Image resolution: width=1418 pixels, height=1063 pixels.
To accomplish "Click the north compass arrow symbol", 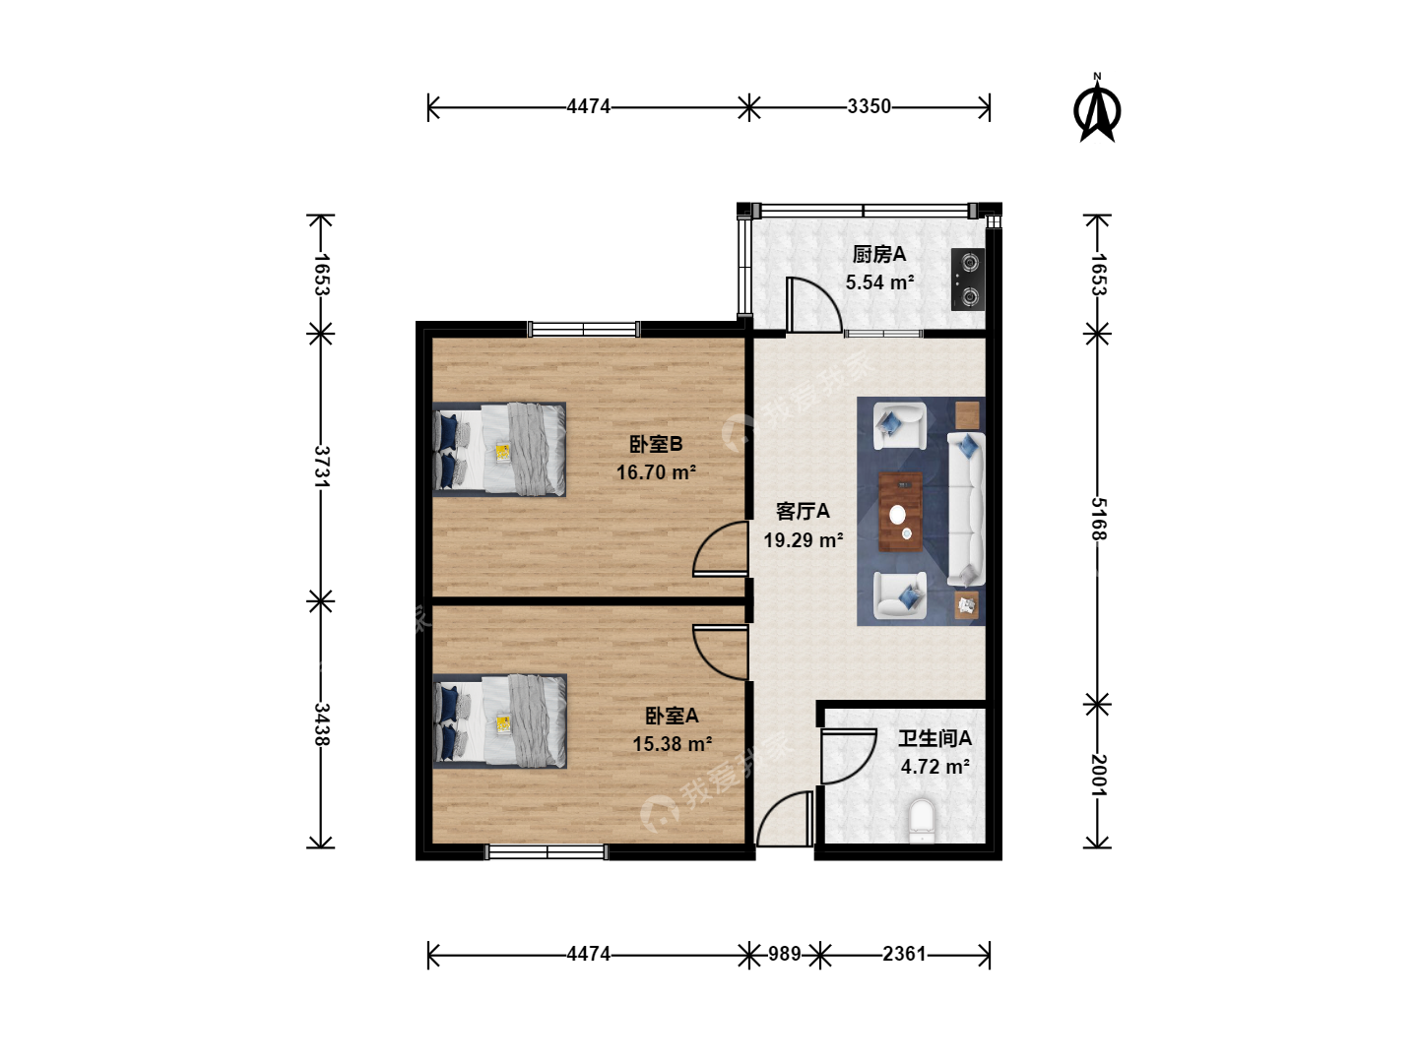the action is (x=1097, y=108).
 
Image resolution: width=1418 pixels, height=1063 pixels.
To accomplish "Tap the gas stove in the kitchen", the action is (x=968, y=280).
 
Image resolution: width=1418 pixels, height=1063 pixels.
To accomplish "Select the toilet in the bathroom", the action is (x=922, y=820).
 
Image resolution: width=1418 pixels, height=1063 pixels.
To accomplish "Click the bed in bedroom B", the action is (x=499, y=450).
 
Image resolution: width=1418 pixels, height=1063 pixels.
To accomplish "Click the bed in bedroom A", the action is (x=500, y=721).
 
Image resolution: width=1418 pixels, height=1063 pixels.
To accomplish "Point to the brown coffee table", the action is (x=900, y=512).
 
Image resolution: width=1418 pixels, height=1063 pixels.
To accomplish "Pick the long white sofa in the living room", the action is (x=966, y=509).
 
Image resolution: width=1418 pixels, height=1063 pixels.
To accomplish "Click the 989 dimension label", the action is (x=784, y=954).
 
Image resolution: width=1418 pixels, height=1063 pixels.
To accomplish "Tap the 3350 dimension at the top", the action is (x=869, y=106).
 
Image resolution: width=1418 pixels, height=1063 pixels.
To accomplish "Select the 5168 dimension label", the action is (x=1098, y=519).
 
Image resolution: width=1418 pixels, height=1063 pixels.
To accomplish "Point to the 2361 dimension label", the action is (x=904, y=954).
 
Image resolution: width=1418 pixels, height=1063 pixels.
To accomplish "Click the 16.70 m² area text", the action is (x=656, y=472).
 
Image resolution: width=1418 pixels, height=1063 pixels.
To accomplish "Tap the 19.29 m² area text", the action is (x=803, y=539).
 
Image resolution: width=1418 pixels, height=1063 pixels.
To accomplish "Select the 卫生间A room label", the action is (x=935, y=738).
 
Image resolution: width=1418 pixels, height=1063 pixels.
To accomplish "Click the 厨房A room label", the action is (x=879, y=254).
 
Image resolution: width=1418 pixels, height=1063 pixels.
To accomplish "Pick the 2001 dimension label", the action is (x=1098, y=776).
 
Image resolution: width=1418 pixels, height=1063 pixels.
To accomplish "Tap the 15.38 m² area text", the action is (x=672, y=744).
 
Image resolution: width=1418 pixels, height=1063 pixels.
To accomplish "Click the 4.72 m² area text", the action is (x=935, y=767).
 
